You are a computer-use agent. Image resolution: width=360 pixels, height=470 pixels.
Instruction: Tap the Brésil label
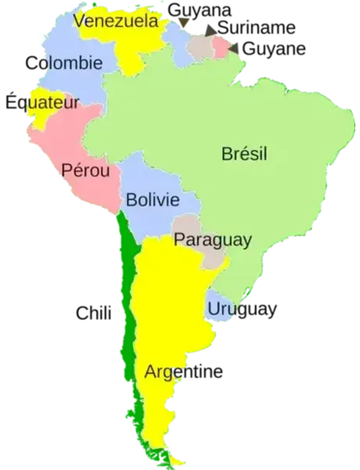[243, 154]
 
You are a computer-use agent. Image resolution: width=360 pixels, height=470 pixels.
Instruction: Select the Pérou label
[86, 170]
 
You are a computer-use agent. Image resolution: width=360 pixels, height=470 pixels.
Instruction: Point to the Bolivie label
[153, 200]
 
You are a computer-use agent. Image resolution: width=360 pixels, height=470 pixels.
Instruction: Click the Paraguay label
[212, 240]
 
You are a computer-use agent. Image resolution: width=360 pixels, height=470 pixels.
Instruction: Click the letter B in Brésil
[227, 154]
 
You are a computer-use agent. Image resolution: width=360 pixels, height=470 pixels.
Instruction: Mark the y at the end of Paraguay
[247, 241]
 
